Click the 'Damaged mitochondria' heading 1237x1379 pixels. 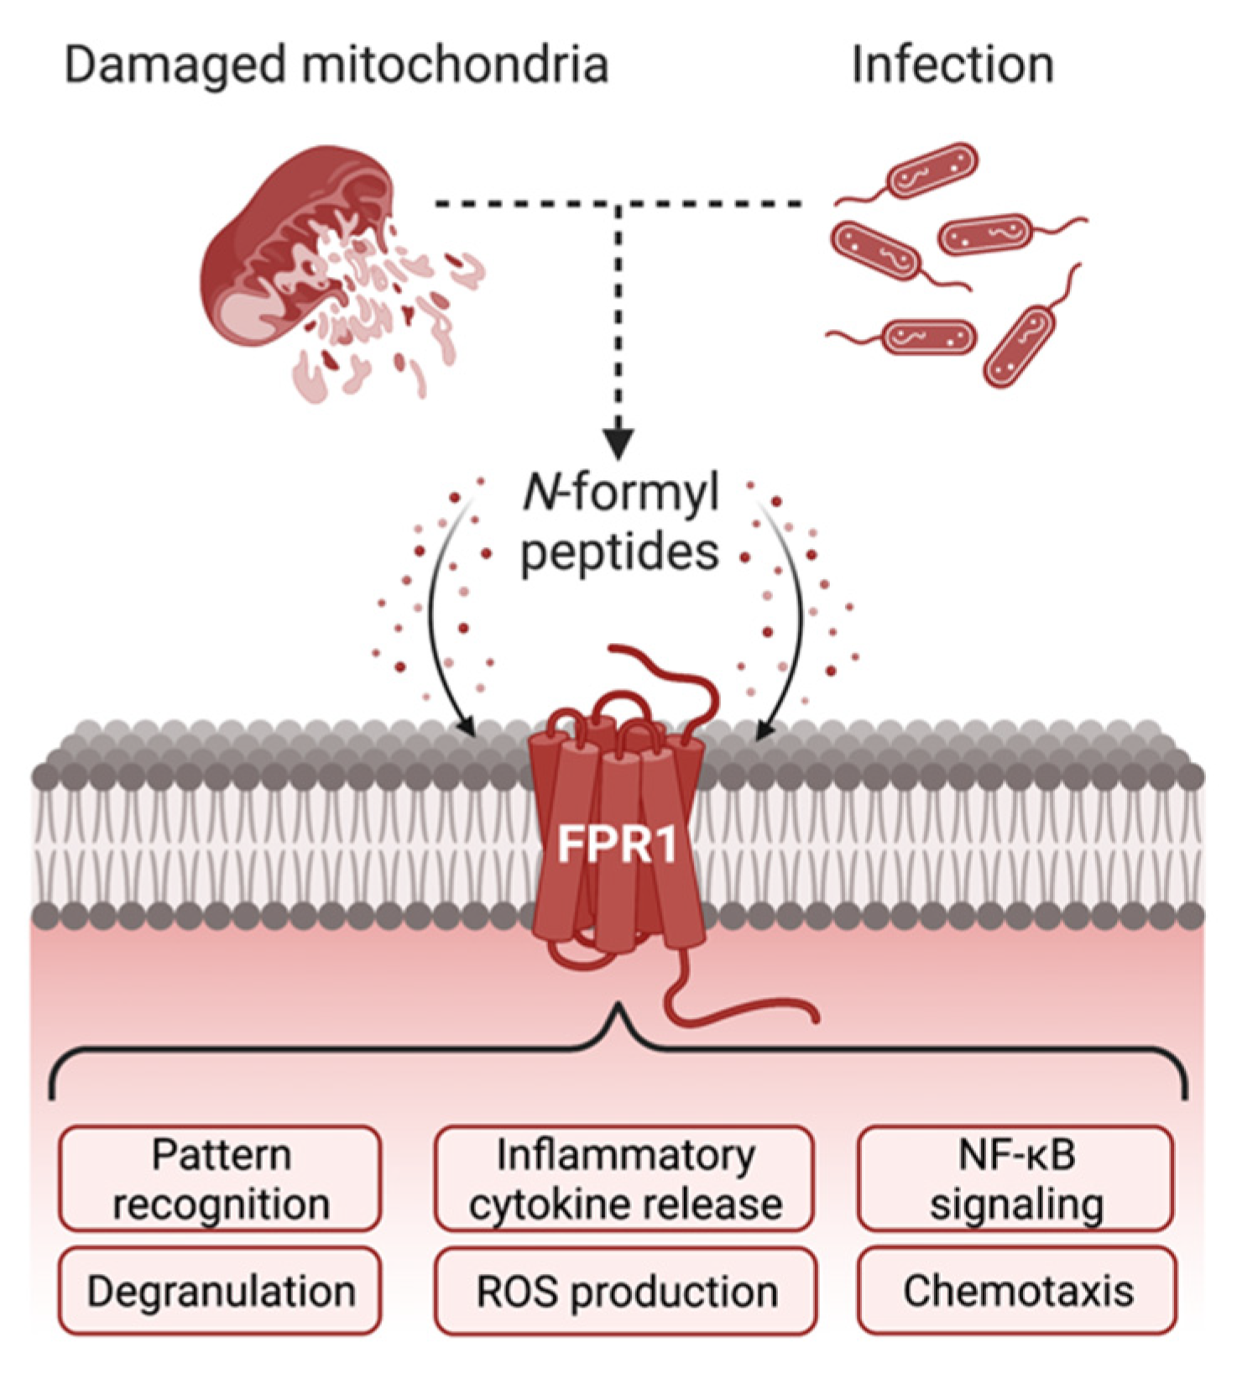pos(337,65)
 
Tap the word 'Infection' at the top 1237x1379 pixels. pos(953,65)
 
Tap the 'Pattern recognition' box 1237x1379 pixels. pos(220,1178)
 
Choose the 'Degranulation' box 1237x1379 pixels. pos(220,1291)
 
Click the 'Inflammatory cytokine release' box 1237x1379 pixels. pos(624,1178)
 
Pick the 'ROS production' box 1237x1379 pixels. pos(626,1291)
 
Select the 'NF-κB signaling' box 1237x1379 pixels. pos(1015,1178)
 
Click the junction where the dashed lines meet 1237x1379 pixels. pos(618,204)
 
